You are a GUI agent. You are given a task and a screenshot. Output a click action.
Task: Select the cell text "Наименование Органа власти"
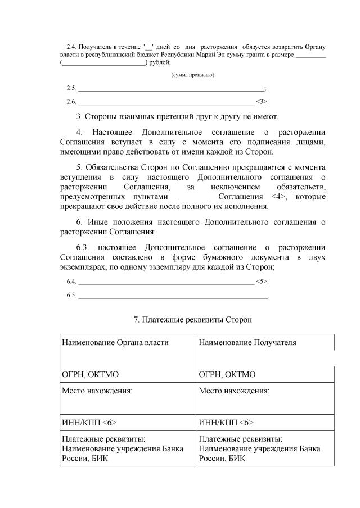(x=115, y=342)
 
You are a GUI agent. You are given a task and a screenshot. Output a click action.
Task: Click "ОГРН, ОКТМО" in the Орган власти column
(x=90, y=374)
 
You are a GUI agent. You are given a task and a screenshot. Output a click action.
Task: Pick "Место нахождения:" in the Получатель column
(x=234, y=391)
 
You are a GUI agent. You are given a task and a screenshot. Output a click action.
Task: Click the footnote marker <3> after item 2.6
(x=262, y=102)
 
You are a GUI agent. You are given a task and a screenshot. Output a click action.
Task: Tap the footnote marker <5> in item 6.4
(x=262, y=281)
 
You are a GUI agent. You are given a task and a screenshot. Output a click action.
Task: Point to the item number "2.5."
(x=71, y=88)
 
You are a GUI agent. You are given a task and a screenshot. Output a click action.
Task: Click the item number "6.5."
(x=71, y=295)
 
